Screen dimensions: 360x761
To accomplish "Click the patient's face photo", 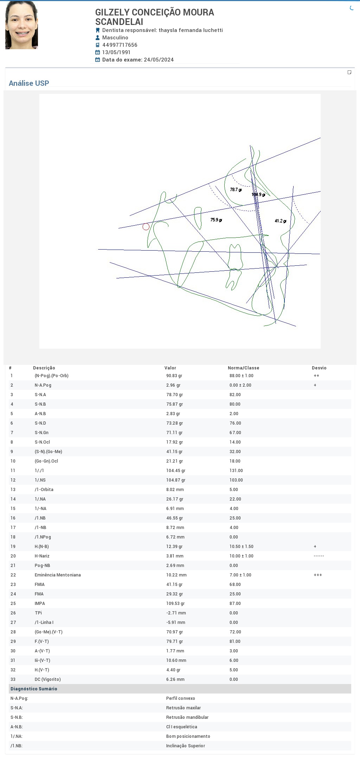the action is coord(21,25).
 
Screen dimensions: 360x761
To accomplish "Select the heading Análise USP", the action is coord(29,83).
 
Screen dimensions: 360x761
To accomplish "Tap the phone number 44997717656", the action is coord(120,45).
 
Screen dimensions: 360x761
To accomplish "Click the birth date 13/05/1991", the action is coord(116,52).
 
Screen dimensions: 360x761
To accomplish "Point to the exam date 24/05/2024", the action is coord(159,60).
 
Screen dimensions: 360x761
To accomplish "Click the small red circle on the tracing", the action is coord(146,227).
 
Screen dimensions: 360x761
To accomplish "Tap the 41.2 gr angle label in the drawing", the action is coord(281,221).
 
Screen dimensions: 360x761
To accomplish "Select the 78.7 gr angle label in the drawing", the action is coord(236,190).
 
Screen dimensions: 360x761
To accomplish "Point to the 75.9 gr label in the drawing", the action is coord(216,220).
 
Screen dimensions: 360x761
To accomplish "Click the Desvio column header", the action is coord(319,368).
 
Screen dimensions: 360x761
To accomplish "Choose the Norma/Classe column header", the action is coord(244,368).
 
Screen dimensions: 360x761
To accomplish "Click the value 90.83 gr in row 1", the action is coord(174,376).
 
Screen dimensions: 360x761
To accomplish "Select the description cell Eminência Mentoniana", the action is coord(58,575).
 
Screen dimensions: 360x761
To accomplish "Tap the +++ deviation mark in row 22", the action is coord(318,575).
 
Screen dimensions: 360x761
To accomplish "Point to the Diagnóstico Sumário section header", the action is coord(34,689).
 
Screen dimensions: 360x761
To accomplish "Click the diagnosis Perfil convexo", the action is coord(181,698).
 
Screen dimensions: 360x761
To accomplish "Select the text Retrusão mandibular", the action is coord(187,717).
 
